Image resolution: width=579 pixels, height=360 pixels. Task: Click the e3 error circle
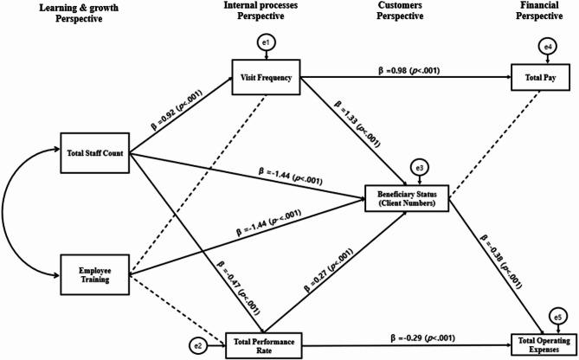click(x=419, y=166)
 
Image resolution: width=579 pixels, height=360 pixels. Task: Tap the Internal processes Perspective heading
click(x=266, y=15)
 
